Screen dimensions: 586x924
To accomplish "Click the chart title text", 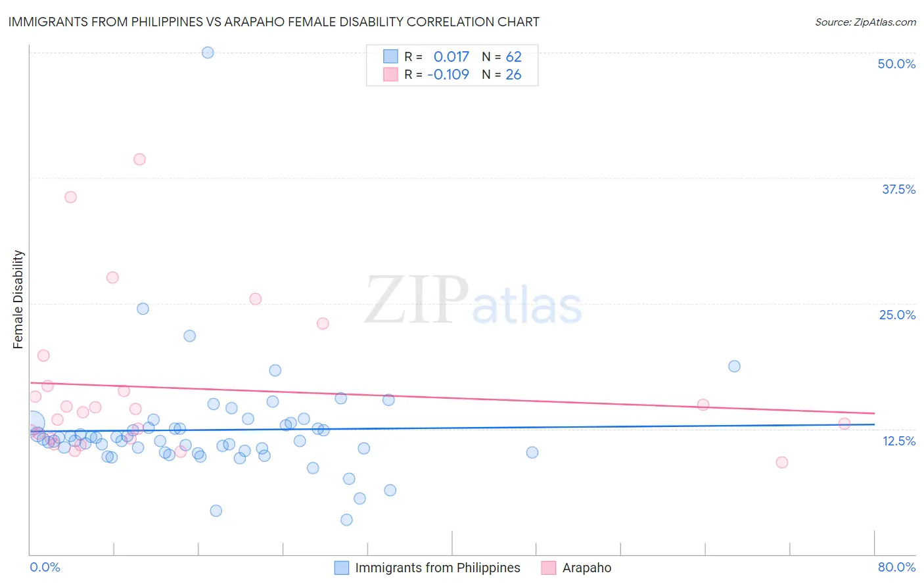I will click(273, 22).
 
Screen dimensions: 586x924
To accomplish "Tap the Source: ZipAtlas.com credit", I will click(865, 22).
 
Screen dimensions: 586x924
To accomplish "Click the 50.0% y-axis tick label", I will click(896, 64).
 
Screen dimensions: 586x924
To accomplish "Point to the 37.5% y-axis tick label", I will click(898, 189).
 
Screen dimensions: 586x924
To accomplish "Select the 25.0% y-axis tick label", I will click(897, 315).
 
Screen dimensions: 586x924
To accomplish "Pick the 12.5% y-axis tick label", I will click(898, 441).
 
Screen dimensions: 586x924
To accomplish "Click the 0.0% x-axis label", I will click(45, 567).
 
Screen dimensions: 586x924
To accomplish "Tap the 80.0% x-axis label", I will click(896, 567).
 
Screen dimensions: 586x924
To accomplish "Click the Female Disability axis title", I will click(18, 299).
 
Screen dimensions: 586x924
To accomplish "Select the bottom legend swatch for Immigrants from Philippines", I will click(342, 568).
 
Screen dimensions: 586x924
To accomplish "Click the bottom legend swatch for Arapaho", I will click(549, 568).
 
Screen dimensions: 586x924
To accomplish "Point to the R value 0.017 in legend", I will click(451, 57).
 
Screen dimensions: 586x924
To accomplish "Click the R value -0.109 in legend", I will click(448, 74).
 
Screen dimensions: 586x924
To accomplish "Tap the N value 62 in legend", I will click(513, 57).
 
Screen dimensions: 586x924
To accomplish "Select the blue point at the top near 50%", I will click(208, 53).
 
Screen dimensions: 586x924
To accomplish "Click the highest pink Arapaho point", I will click(139, 159).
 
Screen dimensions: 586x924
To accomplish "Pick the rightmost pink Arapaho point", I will click(844, 424).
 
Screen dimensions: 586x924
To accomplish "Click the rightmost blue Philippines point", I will click(734, 366).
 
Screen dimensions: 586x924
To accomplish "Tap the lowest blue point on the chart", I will click(346, 520).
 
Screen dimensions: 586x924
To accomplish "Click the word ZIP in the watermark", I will click(416, 300).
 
